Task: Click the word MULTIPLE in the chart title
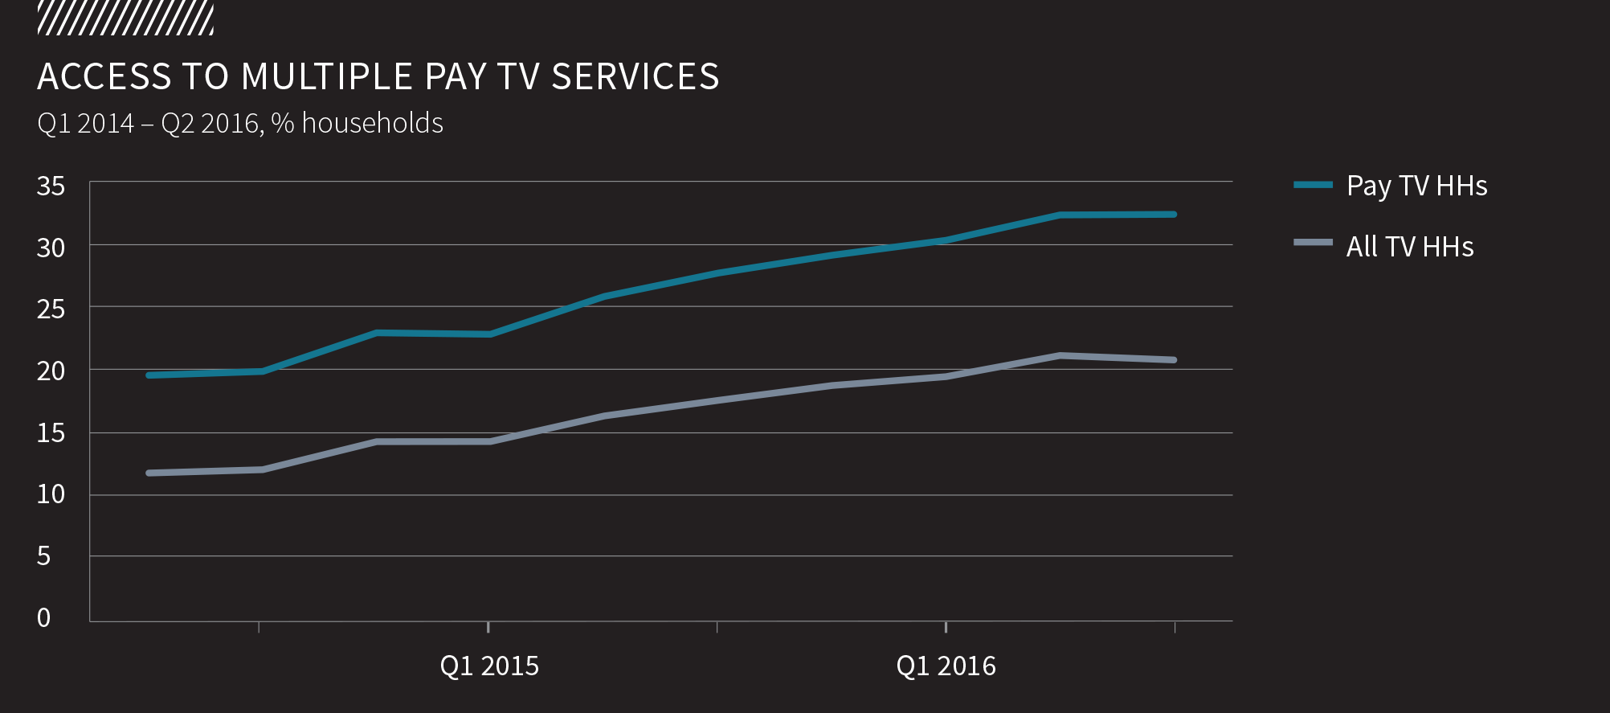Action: pyautogui.click(x=327, y=77)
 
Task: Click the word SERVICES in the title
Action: pyautogui.click(x=635, y=77)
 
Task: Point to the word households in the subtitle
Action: pyautogui.click(x=373, y=124)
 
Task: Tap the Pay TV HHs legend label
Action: pyautogui.click(x=1416, y=186)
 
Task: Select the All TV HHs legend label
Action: pyautogui.click(x=1410, y=246)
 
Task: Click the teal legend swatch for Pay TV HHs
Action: pyautogui.click(x=1313, y=185)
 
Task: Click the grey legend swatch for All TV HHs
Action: pyautogui.click(x=1313, y=242)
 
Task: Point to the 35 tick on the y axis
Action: pyautogui.click(x=51, y=186)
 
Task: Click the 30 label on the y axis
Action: pyautogui.click(x=51, y=248)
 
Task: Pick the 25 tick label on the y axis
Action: pyautogui.click(x=51, y=309)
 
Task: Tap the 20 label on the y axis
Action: pyautogui.click(x=51, y=371)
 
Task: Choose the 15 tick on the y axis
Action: pyautogui.click(x=51, y=433)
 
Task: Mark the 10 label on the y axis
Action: pyautogui.click(x=51, y=494)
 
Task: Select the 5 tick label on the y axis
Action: pyautogui.click(x=44, y=556)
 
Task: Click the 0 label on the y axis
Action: pyautogui.click(x=44, y=617)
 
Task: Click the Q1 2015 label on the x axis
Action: pyautogui.click(x=489, y=666)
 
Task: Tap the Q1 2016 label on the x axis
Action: pyautogui.click(x=946, y=666)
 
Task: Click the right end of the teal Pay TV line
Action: pyautogui.click(x=1174, y=215)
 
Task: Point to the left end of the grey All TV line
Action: pyautogui.click(x=149, y=473)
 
